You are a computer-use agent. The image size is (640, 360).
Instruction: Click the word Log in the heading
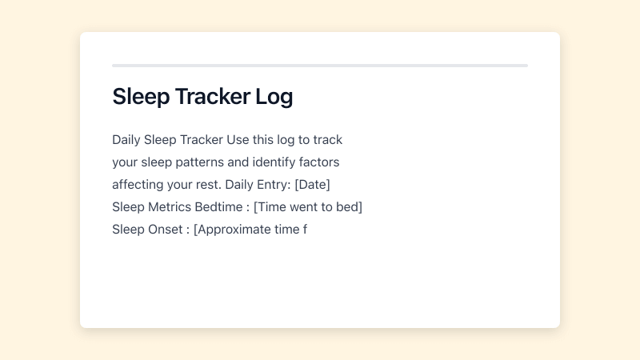pyautogui.click(x=274, y=97)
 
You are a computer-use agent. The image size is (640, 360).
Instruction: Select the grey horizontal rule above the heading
pyautogui.click(x=320, y=66)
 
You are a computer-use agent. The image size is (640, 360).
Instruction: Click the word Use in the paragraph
pyautogui.click(x=238, y=140)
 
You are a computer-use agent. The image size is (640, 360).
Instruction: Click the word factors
pyautogui.click(x=320, y=162)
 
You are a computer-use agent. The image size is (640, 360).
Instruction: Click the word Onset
pyautogui.click(x=166, y=230)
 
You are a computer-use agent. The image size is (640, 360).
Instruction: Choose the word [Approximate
pyautogui.click(x=230, y=230)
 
